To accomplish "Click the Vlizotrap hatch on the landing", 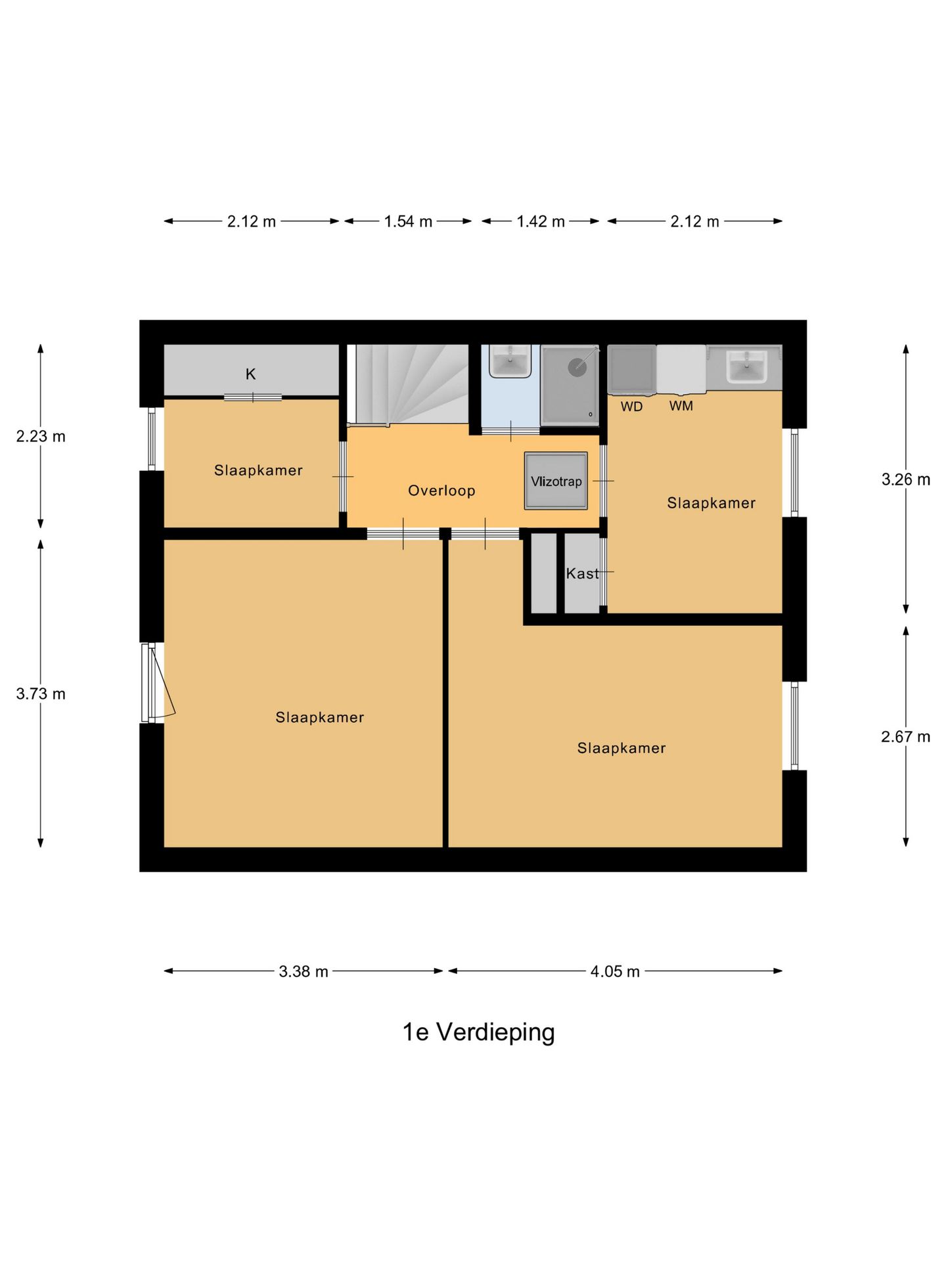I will (556, 481).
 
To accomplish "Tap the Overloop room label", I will (441, 491).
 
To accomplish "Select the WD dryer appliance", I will (631, 370).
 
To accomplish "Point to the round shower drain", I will (577, 367).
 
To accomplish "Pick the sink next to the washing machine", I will (747, 366).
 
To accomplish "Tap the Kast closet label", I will (582, 574).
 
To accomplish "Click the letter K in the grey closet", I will (250, 374).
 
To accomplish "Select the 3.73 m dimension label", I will (41, 694).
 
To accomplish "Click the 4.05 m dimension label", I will (615, 971).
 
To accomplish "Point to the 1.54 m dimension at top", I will (408, 221).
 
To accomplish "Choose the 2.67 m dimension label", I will (905, 737).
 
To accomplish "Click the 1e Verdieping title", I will (478, 1032).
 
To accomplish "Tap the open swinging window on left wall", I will (158, 683).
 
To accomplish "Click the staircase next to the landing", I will (407, 384).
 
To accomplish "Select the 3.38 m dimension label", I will (304, 971).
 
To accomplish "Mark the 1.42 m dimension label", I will (541, 221).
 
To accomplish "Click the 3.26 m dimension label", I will (905, 479).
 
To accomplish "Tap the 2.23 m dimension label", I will (41, 437).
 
